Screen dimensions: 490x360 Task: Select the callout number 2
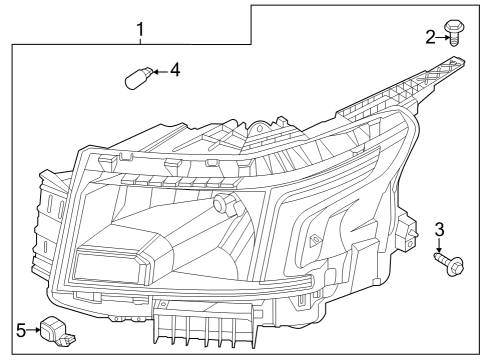point(430,38)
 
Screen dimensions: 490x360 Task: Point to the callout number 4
point(175,70)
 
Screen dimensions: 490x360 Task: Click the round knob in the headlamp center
point(221,205)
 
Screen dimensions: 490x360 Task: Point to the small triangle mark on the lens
point(315,241)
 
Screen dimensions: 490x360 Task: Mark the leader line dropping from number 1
point(141,40)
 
